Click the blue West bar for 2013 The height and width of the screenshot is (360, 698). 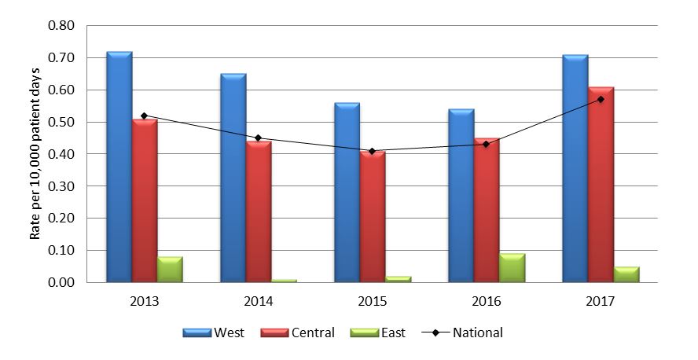(x=119, y=167)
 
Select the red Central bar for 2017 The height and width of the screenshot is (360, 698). (x=601, y=185)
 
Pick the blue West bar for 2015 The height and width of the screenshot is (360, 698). (x=347, y=193)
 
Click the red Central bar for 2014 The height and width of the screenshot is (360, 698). (x=259, y=211)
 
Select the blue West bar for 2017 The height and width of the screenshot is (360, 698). (x=575, y=168)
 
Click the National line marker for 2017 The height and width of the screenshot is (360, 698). (x=601, y=99)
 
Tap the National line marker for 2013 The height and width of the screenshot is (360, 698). (x=145, y=116)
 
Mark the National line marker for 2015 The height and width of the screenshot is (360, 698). (x=373, y=151)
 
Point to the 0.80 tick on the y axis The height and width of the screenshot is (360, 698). (x=61, y=26)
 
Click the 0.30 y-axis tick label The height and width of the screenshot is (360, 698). (x=61, y=186)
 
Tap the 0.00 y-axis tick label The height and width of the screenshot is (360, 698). (x=61, y=282)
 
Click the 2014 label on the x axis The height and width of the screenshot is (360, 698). (x=259, y=300)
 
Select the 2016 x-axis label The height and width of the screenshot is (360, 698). (x=487, y=300)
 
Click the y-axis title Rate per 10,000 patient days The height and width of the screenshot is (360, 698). (x=35, y=154)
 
